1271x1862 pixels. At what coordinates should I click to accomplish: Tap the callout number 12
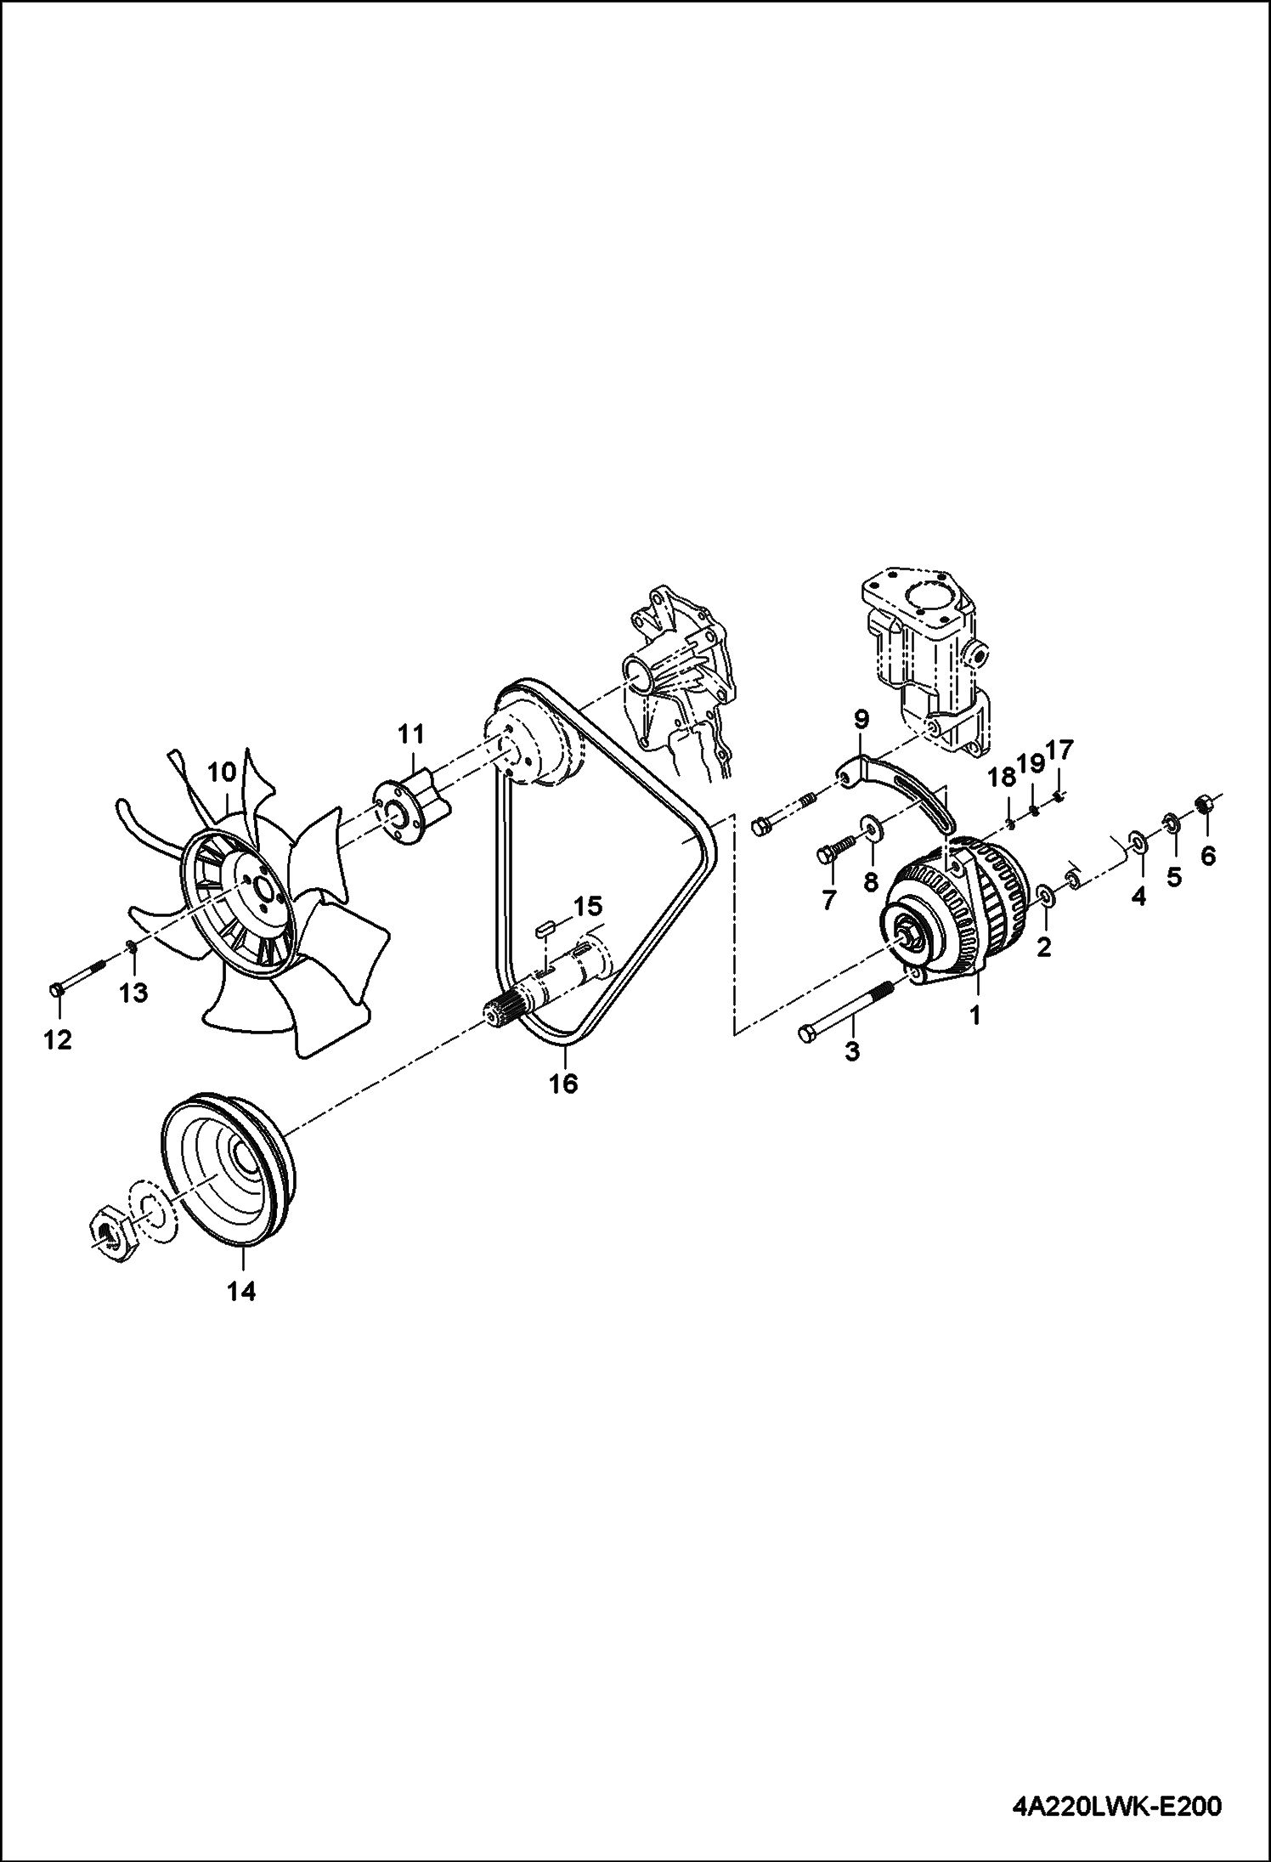58,1039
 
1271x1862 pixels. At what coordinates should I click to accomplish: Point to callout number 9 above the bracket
861,721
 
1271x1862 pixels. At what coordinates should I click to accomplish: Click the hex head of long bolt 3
808,1034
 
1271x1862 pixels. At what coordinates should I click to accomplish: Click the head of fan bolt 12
56,990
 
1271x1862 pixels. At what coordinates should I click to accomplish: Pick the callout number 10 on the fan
221,773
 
